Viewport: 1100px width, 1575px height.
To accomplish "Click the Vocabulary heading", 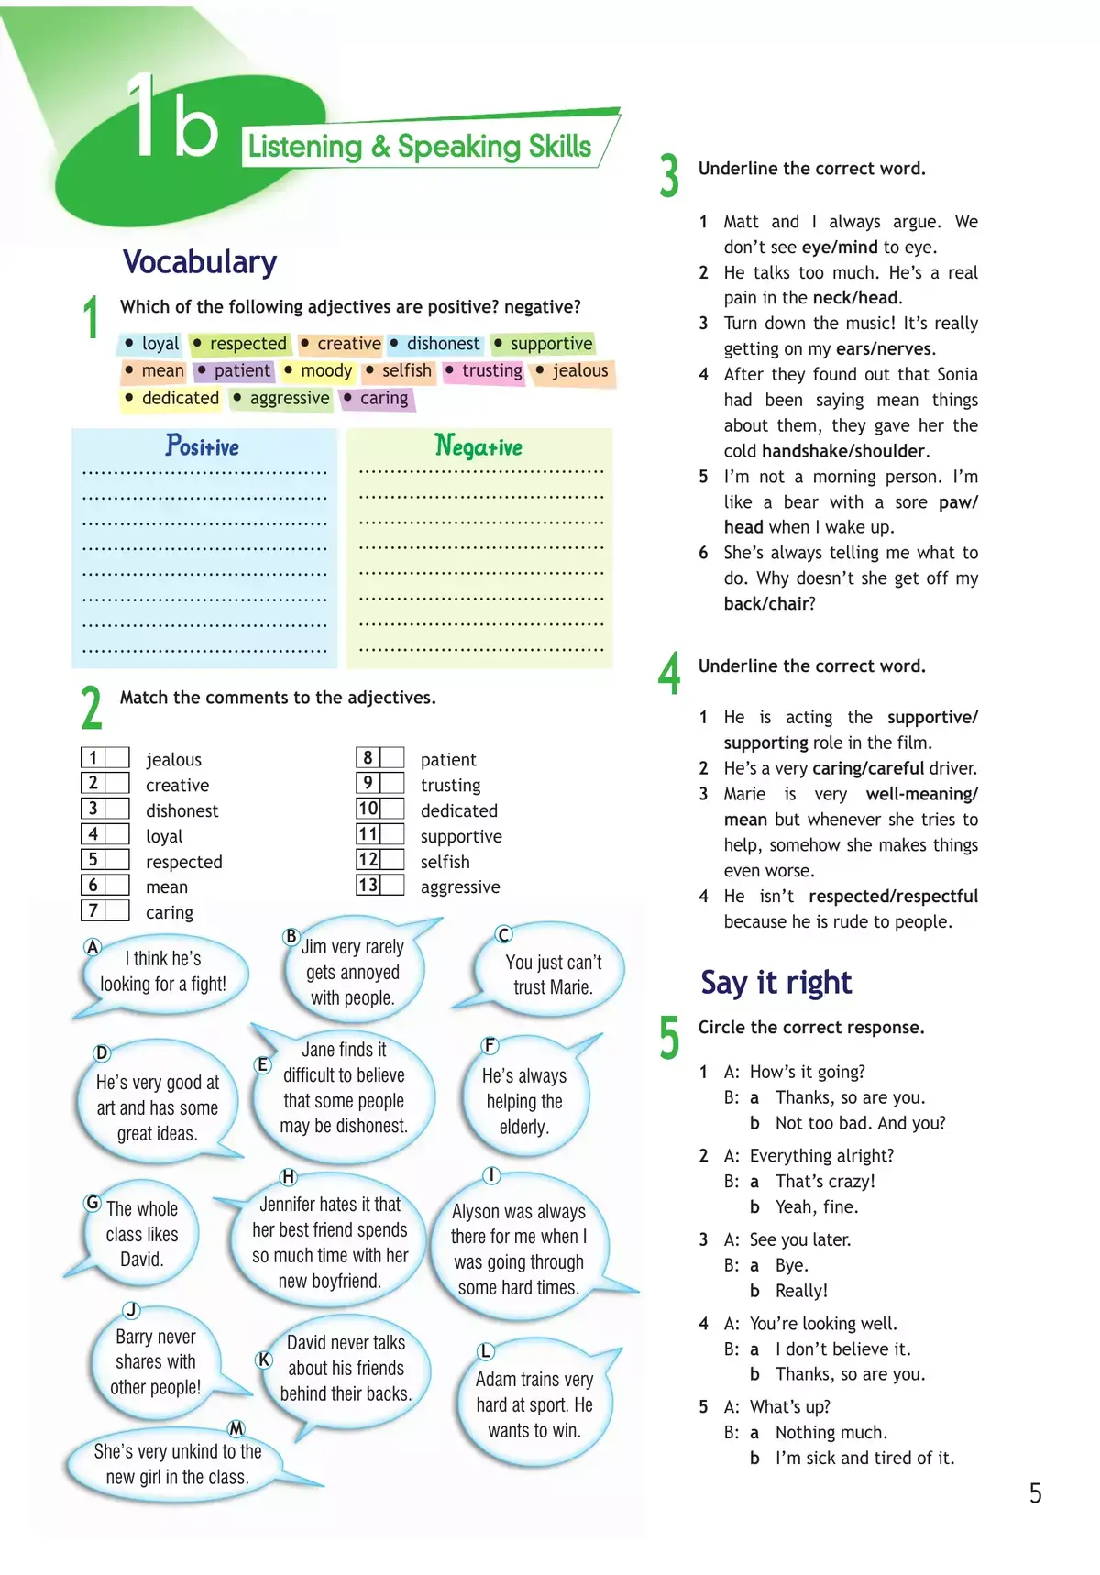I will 200,262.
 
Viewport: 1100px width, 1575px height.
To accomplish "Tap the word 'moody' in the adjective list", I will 326,370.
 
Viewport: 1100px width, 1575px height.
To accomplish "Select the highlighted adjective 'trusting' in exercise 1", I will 491,370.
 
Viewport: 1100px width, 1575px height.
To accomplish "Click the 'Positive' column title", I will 203,446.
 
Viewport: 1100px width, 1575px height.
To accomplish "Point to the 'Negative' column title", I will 478,446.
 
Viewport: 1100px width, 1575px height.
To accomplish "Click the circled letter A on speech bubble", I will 92,947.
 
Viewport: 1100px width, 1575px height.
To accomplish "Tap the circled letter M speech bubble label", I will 236,1428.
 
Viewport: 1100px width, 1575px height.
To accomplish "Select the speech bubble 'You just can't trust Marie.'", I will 553,975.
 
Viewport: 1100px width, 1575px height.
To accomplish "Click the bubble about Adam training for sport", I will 534,1404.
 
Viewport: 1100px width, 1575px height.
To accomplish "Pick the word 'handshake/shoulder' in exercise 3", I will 842,451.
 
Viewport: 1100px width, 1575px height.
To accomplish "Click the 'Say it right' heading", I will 775,983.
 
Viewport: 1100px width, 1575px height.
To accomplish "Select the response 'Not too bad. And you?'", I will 860,1123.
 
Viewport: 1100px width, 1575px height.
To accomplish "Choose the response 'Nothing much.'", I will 830,1432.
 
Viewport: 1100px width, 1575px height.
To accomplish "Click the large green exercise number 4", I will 670,673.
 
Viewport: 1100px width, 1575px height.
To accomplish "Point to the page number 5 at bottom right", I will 1035,1494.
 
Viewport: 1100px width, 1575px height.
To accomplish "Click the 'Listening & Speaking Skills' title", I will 420,147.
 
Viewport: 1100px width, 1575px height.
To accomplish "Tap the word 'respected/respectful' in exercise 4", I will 893,897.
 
